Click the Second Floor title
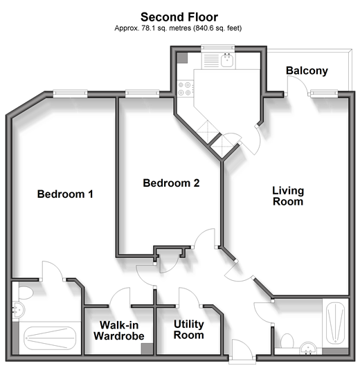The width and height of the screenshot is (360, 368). click(x=179, y=17)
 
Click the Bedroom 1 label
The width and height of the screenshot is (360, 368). click(x=65, y=194)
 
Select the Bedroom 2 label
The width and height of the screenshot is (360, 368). click(x=171, y=183)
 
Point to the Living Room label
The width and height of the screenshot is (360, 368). click(x=288, y=196)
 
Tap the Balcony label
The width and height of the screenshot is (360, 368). click(x=307, y=71)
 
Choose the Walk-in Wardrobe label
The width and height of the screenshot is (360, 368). click(x=119, y=331)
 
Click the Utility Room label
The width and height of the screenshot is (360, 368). click(x=188, y=329)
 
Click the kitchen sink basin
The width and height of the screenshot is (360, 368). click(x=227, y=60)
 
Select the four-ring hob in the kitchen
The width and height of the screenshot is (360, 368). click(x=185, y=89)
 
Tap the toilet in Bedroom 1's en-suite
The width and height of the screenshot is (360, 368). click(x=26, y=292)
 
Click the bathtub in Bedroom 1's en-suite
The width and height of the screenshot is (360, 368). click(x=50, y=338)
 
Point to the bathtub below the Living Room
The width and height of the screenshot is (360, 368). click(x=336, y=323)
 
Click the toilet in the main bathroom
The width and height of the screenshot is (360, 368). click(x=287, y=341)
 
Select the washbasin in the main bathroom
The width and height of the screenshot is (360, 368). click(x=308, y=349)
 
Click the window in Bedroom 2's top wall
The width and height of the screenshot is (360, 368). click(x=143, y=93)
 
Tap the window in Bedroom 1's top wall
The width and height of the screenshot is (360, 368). click(x=70, y=93)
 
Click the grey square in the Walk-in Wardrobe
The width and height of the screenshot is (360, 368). click(x=147, y=349)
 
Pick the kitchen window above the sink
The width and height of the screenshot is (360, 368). click(x=218, y=48)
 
